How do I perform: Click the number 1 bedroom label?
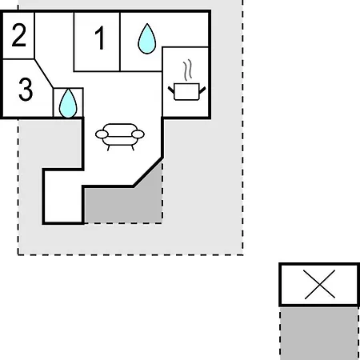pos(100,38)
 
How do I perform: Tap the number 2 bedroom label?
pos(19,35)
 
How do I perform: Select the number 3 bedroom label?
pos(26,90)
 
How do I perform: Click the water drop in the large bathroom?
pos(147,39)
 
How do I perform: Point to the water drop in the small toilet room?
pos(68,103)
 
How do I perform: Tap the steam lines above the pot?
pos(187,70)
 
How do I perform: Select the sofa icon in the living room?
pos(120,137)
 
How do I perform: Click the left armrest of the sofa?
pos(102,134)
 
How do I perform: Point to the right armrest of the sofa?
pos(138,134)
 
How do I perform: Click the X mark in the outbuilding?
pos(320,284)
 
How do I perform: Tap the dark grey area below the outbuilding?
pos(319,334)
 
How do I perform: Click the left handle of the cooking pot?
pos(171,90)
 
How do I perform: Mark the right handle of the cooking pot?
pos(202,90)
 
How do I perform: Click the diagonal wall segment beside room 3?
pos(44,74)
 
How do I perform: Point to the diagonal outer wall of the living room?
pos(148,172)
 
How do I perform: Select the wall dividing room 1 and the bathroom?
pos(120,42)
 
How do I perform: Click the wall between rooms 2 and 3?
pos(18,59)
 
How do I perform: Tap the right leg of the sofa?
pos(133,148)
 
